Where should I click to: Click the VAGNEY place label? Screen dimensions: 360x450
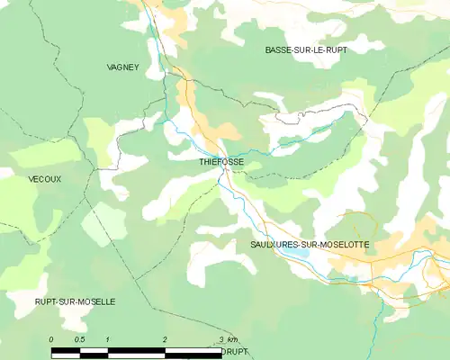(123, 67)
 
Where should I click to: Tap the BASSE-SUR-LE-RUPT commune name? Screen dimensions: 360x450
(306, 50)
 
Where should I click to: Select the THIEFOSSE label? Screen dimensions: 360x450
(221, 162)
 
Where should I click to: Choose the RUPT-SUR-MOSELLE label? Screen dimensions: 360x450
(75, 301)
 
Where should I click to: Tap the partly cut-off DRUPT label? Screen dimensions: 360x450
(234, 351)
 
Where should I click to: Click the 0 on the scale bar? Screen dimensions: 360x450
(51, 338)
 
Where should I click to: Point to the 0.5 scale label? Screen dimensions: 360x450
(79, 338)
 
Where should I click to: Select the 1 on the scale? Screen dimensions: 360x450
(107, 338)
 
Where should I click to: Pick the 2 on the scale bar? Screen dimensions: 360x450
(164, 338)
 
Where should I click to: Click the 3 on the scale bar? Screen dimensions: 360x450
(220, 338)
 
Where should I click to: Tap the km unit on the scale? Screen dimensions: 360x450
(232, 338)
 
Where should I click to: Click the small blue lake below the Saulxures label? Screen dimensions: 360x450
(299, 255)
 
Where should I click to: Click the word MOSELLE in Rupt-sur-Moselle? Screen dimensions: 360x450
(95, 301)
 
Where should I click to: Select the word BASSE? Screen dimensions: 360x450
(279, 50)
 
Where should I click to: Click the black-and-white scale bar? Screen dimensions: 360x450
(135, 347)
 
